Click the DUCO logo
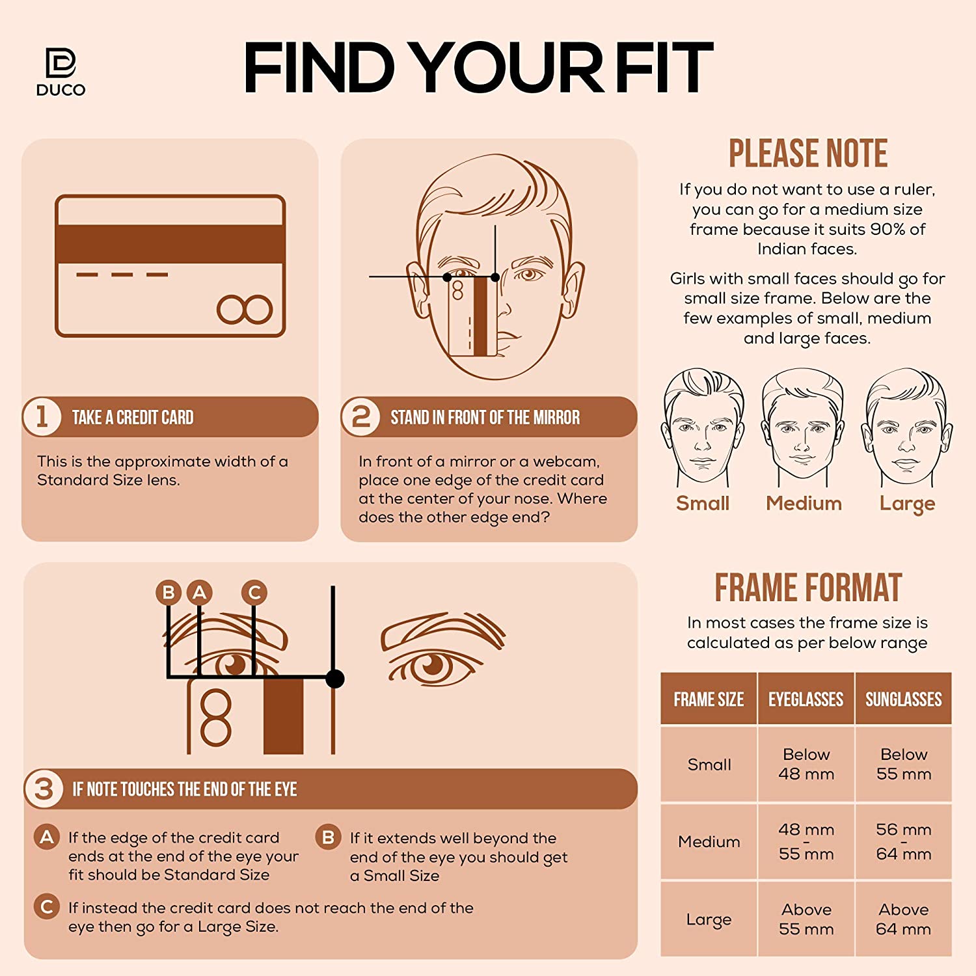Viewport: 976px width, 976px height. coord(61,72)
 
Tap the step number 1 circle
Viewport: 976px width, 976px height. coord(42,416)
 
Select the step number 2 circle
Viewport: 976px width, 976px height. coord(360,416)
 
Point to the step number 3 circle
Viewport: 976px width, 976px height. coord(44,789)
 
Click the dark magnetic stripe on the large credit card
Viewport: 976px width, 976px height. coord(170,244)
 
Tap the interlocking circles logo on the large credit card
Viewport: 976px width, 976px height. coord(245,310)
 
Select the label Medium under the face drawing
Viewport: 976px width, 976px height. coord(804,503)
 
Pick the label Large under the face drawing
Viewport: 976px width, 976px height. coord(907,504)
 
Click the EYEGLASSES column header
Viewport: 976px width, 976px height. coord(806,699)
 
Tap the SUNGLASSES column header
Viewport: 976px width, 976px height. coord(904,699)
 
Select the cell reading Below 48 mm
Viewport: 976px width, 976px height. coord(806,764)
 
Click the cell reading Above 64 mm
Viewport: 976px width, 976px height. coord(904,919)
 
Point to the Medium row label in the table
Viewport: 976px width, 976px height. coord(709,842)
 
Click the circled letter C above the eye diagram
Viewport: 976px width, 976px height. coord(254,592)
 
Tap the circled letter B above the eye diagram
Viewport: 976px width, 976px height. coord(169,592)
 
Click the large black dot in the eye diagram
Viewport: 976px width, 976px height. coord(334,679)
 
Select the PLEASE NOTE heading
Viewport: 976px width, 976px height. coord(807,154)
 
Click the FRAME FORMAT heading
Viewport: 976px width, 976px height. coord(808,588)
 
